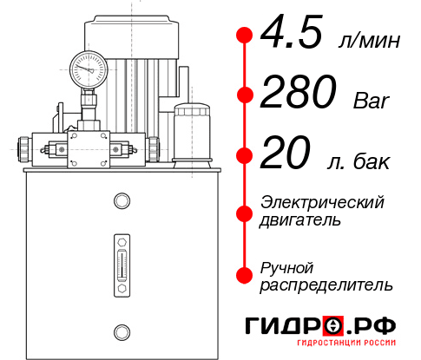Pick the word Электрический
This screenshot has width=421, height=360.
[x=322, y=202]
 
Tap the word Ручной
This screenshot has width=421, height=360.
[x=287, y=266]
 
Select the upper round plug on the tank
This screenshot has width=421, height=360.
[x=121, y=202]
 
